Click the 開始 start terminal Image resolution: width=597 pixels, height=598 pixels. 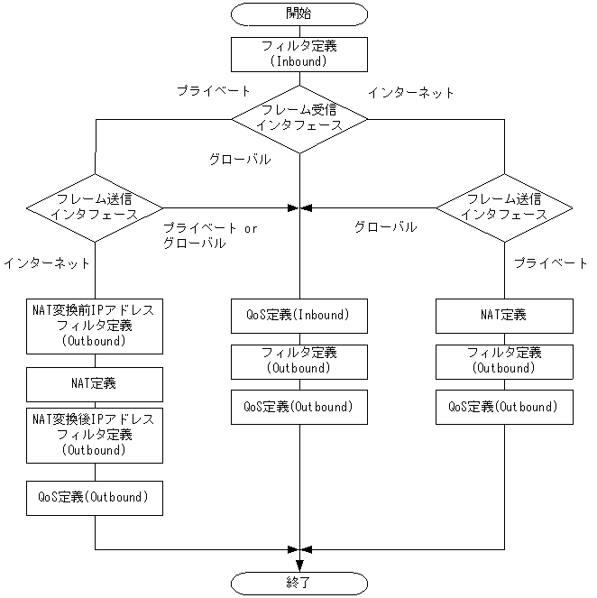point(299,14)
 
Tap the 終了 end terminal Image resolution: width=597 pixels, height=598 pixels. point(299,582)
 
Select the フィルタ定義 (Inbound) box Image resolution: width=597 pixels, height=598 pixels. point(299,53)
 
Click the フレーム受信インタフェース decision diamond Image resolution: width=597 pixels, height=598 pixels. point(299,117)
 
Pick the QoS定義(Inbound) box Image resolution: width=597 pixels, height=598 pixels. point(299,316)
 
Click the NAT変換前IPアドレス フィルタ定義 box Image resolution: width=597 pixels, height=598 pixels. point(95,326)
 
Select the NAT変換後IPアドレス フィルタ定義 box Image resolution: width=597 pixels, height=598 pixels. point(95,434)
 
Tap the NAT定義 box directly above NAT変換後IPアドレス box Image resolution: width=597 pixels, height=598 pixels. point(95,383)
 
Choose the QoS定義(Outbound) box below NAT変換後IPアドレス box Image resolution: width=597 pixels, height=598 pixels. point(95,497)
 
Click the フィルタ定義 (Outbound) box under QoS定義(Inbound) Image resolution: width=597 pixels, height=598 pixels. point(299,361)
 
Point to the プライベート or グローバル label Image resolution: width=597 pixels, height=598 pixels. point(210,235)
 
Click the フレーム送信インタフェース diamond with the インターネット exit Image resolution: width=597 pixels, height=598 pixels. point(95,207)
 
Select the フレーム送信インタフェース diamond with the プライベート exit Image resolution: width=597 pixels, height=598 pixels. point(504,207)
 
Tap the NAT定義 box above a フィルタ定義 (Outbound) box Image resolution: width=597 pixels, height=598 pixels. point(504,316)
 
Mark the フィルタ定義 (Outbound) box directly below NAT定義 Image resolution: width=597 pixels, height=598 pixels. point(504,361)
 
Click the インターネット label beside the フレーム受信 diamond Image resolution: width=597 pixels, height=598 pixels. point(411,92)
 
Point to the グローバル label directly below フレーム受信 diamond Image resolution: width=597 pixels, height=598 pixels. point(240,159)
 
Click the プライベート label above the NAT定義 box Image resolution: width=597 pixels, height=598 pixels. point(550,262)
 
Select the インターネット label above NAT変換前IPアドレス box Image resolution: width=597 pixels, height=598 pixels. point(47,263)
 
